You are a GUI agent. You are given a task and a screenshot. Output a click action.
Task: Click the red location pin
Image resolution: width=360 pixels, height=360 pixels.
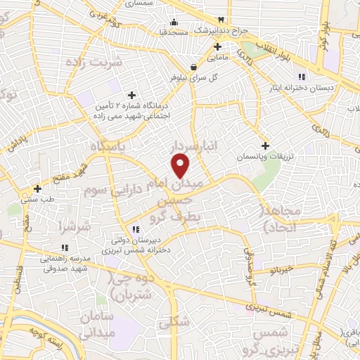tap(181, 166)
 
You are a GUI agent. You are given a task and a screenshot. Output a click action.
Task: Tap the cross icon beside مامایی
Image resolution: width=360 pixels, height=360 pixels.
tap(217, 47)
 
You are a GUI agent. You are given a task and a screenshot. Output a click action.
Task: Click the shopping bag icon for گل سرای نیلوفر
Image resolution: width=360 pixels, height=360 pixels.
tap(193, 67)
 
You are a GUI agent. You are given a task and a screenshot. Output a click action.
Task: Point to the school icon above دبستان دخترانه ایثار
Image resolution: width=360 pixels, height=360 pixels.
tap(301, 77)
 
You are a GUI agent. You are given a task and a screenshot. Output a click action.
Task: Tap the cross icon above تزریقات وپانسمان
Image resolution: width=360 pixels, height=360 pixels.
tap(264, 145)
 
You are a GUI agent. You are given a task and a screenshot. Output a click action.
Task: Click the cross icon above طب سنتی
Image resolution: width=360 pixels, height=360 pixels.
tap(37, 188)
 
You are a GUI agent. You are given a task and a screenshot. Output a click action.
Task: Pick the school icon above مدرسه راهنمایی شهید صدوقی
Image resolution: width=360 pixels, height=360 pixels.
tap(65, 247)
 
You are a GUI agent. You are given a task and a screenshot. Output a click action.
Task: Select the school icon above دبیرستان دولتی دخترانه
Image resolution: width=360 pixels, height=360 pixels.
tap(136, 229)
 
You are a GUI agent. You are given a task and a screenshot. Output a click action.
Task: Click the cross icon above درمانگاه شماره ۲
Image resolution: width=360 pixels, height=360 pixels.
tap(131, 95)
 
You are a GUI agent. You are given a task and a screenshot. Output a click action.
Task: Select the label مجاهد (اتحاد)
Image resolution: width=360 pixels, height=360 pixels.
tap(281, 219)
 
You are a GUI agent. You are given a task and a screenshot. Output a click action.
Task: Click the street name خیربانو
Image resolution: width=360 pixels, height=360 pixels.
tap(281, 270)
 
